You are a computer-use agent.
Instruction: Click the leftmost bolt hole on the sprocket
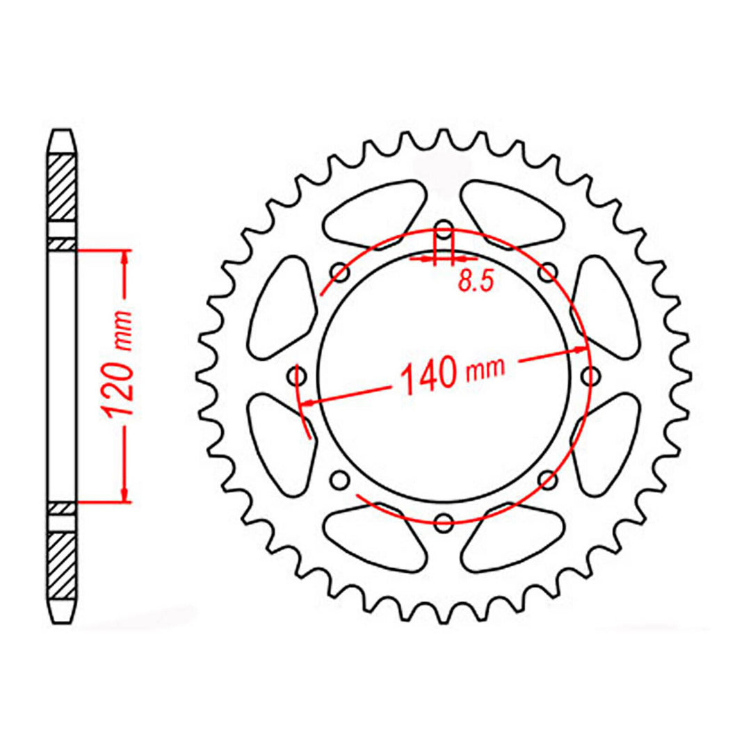coord(299,377)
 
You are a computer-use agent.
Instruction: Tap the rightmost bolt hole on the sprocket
coord(590,376)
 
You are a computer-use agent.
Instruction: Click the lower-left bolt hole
coord(340,479)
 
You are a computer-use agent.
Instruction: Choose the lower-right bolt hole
coord(548,479)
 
